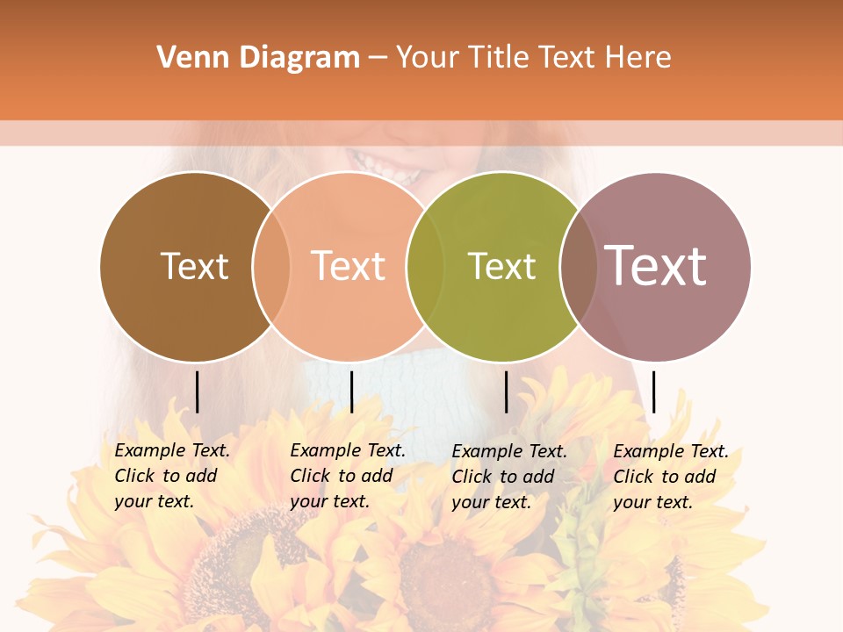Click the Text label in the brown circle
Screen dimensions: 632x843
pyautogui.click(x=194, y=266)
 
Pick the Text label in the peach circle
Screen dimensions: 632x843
pyautogui.click(x=348, y=266)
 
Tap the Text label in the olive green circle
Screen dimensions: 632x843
pyautogui.click(x=501, y=266)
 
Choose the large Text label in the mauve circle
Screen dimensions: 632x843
pyautogui.click(x=656, y=266)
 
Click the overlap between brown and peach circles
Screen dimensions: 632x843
pyautogui.click(x=271, y=266)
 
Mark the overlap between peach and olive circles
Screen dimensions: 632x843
pyautogui.click(x=425, y=266)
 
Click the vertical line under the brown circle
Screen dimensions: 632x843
pyautogui.click(x=197, y=391)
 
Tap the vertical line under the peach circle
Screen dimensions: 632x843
pyautogui.click(x=351, y=391)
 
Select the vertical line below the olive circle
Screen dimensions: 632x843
pyautogui.click(x=506, y=391)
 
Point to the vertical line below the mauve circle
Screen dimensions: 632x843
pyautogui.click(x=653, y=391)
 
